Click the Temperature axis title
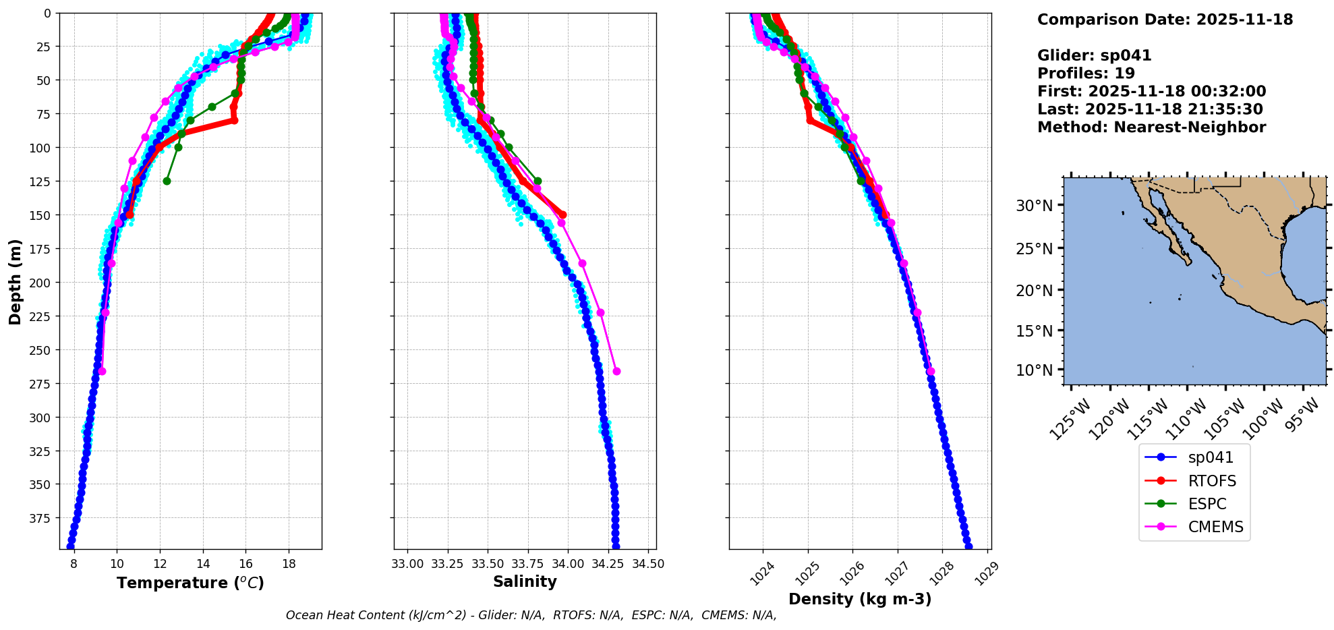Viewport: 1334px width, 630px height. tap(190, 583)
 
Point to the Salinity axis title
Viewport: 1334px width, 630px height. tap(525, 581)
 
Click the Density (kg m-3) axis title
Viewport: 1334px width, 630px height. tap(860, 599)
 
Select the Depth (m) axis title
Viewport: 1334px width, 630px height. tap(15, 281)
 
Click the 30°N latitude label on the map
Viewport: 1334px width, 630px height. tap(1034, 206)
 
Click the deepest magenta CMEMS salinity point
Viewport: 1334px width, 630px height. tap(616, 371)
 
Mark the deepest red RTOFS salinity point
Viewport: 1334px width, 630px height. tap(562, 214)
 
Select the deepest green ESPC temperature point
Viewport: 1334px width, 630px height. tap(167, 181)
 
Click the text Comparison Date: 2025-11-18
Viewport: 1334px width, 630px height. tap(1165, 20)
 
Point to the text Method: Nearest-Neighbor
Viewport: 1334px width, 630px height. tap(1151, 127)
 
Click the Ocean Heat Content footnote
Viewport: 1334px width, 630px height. tap(531, 615)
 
